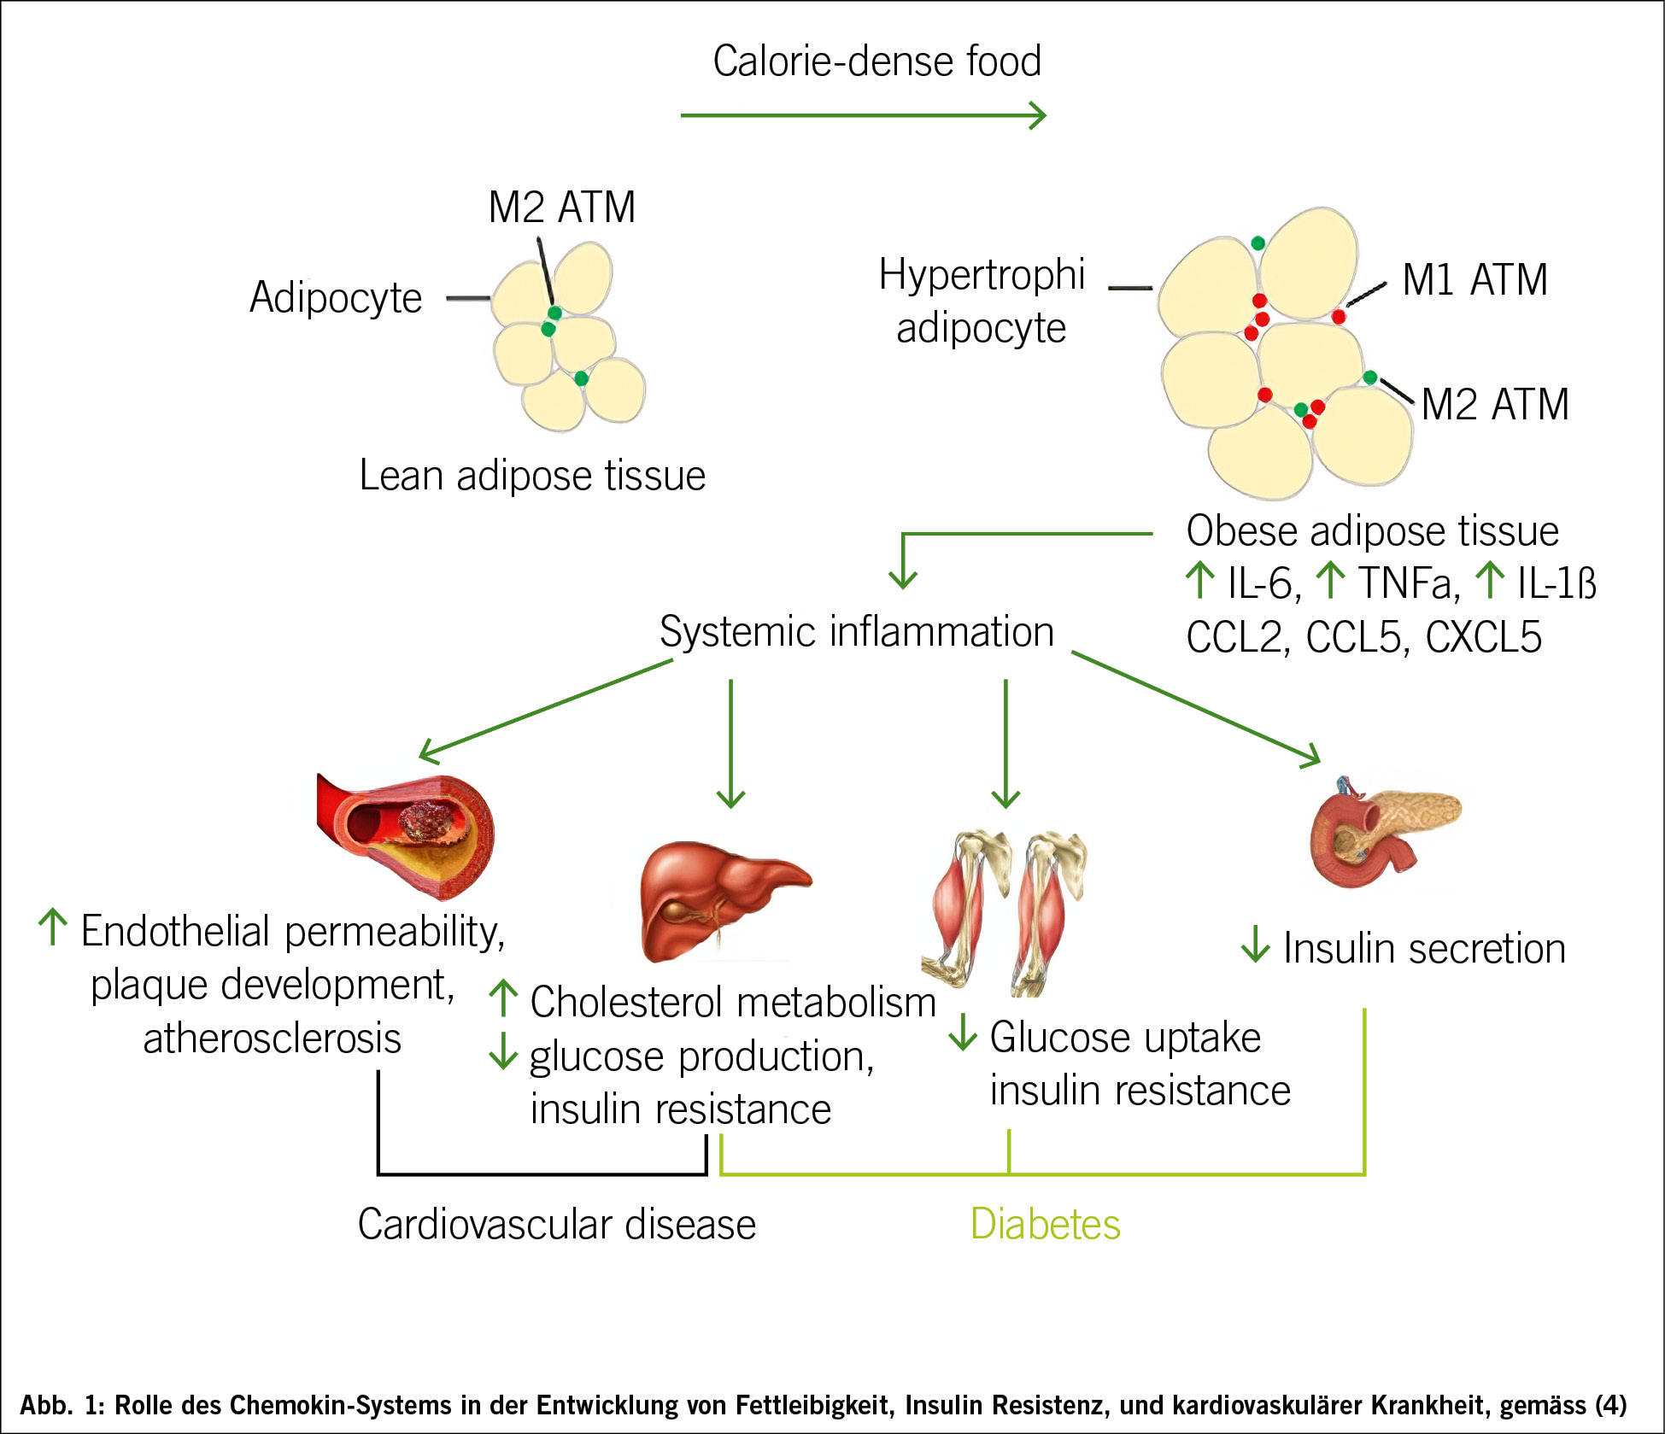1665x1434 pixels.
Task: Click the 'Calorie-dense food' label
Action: point(876,61)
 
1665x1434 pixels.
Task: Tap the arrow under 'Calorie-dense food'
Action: point(863,115)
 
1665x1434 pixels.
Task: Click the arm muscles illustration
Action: point(1004,910)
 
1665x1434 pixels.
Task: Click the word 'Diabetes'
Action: point(1045,1224)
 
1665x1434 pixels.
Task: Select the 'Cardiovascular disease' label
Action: point(556,1224)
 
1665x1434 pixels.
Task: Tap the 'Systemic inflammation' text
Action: point(856,632)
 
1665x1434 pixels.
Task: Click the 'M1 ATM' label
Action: point(1474,279)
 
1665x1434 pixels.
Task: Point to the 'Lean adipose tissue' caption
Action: point(531,475)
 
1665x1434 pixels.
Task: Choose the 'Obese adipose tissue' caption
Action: point(1372,530)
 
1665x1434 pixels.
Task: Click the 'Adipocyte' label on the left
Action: point(336,297)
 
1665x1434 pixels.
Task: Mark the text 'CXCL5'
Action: point(1483,637)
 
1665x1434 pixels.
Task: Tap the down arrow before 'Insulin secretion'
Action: point(1255,945)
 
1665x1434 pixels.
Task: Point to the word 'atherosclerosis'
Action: point(272,1039)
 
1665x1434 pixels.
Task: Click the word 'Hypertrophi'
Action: point(982,275)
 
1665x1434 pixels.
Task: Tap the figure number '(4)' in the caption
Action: point(1610,1405)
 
